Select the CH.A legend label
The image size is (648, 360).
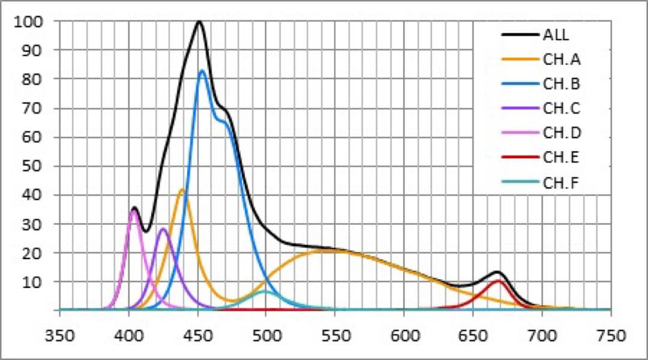pos(561,59)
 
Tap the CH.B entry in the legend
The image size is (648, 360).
pos(561,83)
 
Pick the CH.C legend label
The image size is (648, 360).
pos(561,109)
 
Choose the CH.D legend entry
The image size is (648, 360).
pos(562,133)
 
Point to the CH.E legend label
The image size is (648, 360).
pos(561,158)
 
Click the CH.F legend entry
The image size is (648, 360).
pos(561,182)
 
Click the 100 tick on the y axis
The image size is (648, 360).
pos(31,22)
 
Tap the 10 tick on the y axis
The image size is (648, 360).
pos(35,281)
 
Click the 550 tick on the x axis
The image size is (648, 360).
pos(335,335)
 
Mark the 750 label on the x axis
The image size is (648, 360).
pos(610,335)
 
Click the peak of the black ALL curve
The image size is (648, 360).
pos(199,22)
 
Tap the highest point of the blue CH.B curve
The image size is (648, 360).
pos(202,71)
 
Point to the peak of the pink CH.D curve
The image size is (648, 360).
pos(134,211)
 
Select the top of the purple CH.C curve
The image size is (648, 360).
pos(163,229)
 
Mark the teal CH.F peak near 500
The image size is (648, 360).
pos(265,292)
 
